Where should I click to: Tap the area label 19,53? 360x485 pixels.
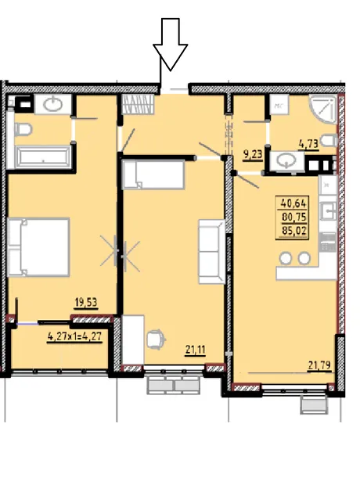(x=86, y=302)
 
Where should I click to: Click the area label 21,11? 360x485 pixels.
(x=196, y=350)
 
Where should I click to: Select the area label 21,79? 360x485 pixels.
(x=319, y=365)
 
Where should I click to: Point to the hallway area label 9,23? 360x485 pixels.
(x=253, y=154)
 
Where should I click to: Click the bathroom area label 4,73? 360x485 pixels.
(x=308, y=144)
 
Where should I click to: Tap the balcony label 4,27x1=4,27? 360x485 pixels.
(x=74, y=336)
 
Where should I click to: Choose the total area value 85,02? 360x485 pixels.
(x=293, y=231)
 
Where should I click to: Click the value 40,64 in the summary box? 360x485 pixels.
(x=293, y=203)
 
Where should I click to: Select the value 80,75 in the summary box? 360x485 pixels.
(x=293, y=217)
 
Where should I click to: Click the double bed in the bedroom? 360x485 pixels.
(x=38, y=247)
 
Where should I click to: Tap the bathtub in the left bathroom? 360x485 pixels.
(x=43, y=157)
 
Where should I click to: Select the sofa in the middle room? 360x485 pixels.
(x=211, y=251)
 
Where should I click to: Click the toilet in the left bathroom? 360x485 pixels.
(x=23, y=130)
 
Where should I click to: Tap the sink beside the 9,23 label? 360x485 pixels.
(x=286, y=160)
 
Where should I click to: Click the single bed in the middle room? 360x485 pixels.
(x=153, y=174)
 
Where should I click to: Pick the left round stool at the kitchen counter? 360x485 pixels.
(x=286, y=258)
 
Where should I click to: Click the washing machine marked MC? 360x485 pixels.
(x=279, y=105)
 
